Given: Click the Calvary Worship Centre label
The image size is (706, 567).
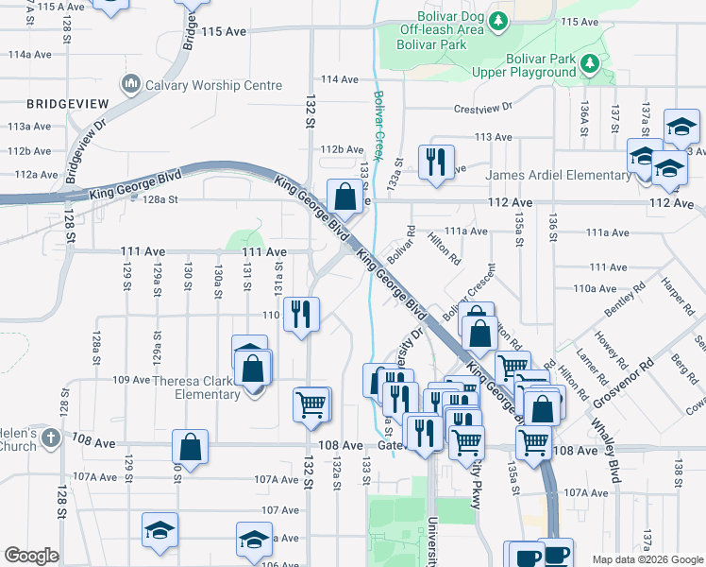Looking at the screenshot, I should (213, 85).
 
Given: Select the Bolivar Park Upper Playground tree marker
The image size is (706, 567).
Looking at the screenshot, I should (591, 64).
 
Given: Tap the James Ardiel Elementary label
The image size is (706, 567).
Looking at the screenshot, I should (559, 175).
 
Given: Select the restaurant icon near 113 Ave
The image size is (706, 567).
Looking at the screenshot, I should (436, 162).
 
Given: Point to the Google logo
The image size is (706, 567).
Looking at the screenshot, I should (31, 556).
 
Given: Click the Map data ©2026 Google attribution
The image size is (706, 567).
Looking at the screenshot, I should (647, 559).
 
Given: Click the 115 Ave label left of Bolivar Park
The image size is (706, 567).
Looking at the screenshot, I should (223, 31).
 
